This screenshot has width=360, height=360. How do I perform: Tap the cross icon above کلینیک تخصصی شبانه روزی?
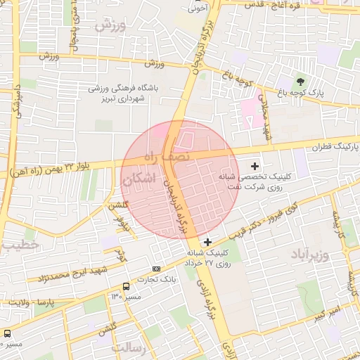click(255, 165)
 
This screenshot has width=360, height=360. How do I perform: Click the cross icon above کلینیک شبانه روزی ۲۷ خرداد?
click(207, 242)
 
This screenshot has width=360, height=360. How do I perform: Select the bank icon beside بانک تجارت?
click(155, 268)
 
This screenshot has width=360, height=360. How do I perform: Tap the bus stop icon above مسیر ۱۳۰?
click(126, 287)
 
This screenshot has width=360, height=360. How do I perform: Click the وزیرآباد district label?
click(309, 254)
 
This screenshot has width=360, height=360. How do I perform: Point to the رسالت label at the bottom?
click(128, 347)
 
